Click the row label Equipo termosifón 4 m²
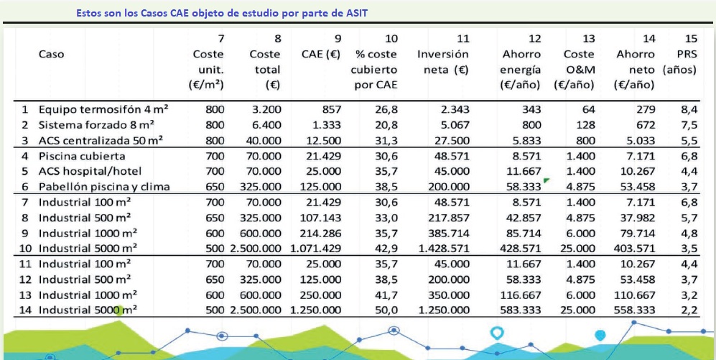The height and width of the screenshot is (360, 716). [103, 110]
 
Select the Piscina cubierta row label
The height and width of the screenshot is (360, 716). [82, 156]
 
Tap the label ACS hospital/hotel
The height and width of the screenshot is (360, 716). [90, 171]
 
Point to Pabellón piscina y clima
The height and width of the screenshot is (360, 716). [104, 187]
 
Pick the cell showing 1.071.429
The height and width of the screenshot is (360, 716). [315, 248]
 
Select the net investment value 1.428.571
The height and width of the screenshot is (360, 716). [442, 248]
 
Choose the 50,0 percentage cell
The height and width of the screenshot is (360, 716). [386, 310]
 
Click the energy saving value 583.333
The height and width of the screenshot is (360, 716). [521, 310]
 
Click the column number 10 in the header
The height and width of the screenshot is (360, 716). [391, 37]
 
